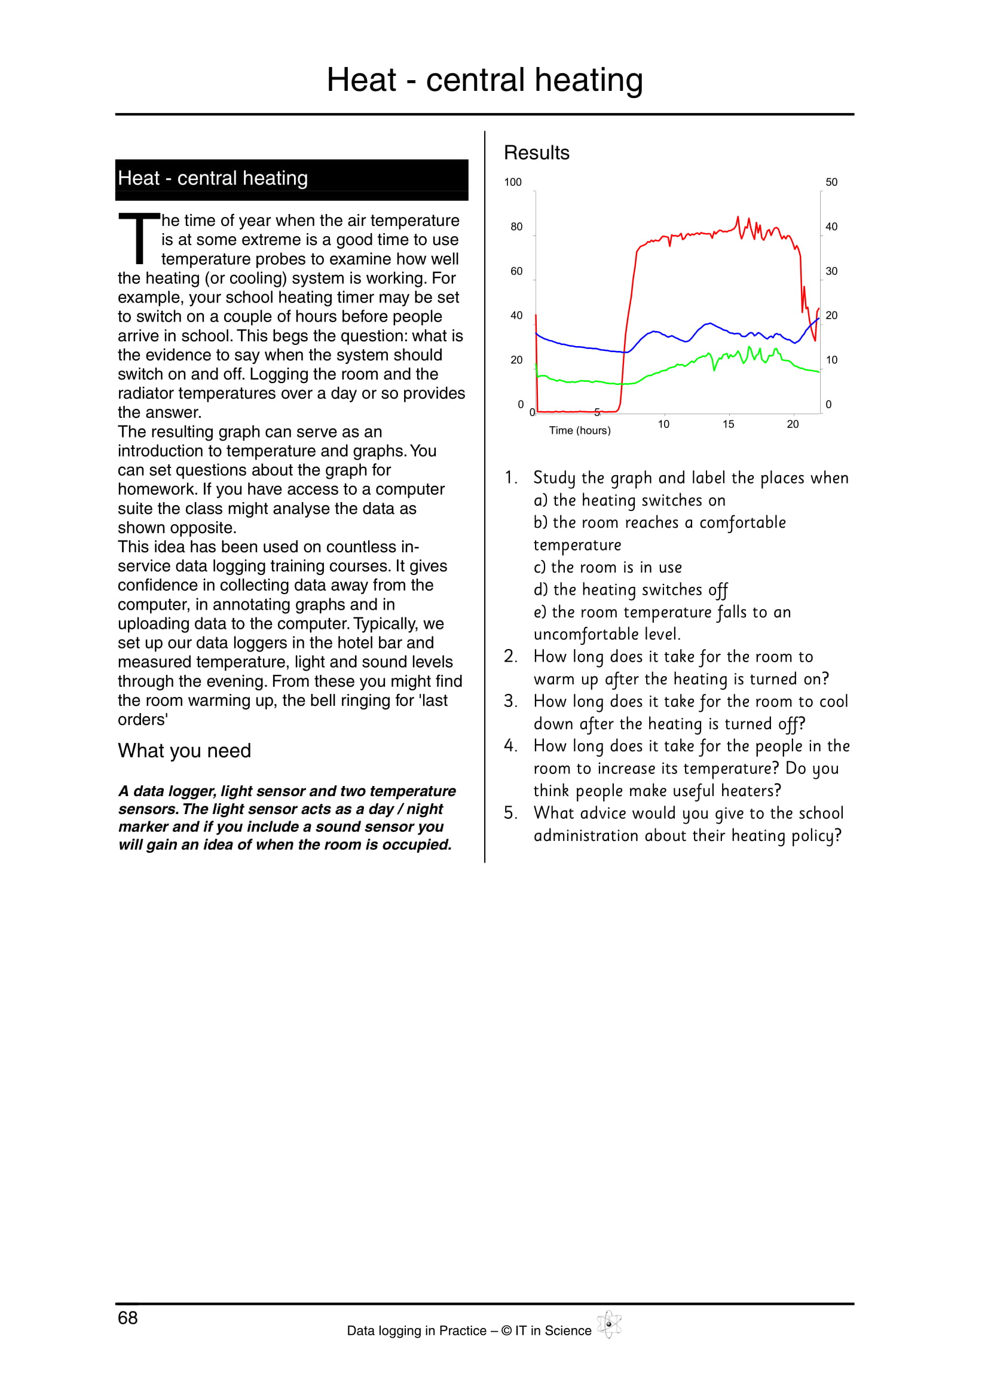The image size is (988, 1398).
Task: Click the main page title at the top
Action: click(485, 80)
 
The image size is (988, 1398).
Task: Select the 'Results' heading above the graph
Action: click(536, 153)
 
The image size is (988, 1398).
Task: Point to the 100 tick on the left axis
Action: click(513, 182)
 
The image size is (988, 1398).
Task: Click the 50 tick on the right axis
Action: click(831, 182)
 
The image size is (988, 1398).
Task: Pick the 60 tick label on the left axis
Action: click(516, 271)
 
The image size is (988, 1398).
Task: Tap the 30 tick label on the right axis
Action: click(831, 271)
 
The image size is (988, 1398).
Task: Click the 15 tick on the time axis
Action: click(728, 424)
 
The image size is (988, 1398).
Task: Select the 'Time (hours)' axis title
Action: click(580, 430)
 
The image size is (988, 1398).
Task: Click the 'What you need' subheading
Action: click(185, 751)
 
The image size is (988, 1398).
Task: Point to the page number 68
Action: click(128, 1318)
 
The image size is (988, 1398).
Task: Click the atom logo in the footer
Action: click(608, 1324)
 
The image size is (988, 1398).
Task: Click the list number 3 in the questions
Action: click(510, 702)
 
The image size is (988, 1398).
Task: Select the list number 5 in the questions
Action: click(510, 813)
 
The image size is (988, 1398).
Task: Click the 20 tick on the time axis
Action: click(793, 424)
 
